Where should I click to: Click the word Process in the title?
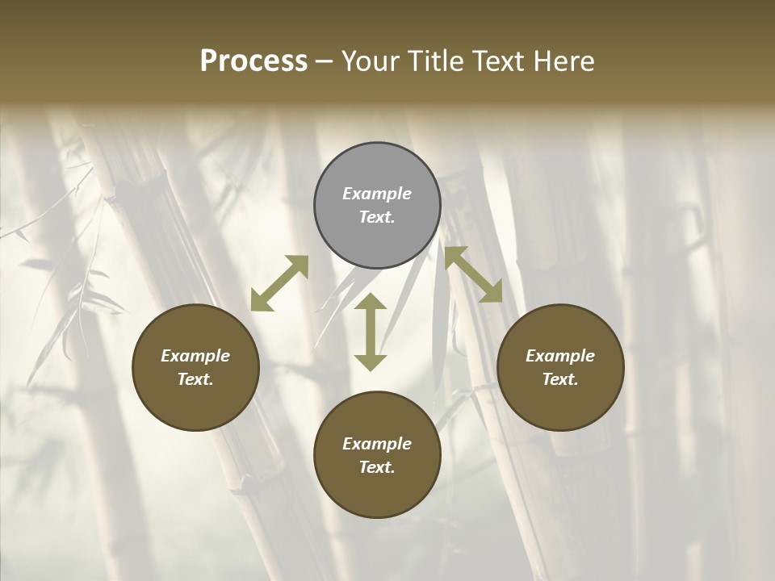tap(253, 61)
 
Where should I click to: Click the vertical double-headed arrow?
tap(371, 332)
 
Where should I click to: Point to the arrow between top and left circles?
tap(279, 283)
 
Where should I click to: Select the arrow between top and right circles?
tap(473, 274)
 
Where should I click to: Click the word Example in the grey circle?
tap(377, 194)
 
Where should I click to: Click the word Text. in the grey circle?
tap(377, 217)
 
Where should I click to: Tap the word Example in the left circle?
tap(195, 356)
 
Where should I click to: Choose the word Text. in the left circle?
tap(195, 379)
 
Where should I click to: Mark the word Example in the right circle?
tap(560, 356)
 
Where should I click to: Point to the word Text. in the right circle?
tap(560, 379)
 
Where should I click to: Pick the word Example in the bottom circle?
tap(377, 444)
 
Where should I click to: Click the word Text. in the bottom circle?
tap(377, 467)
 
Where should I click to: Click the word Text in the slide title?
tap(497, 61)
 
